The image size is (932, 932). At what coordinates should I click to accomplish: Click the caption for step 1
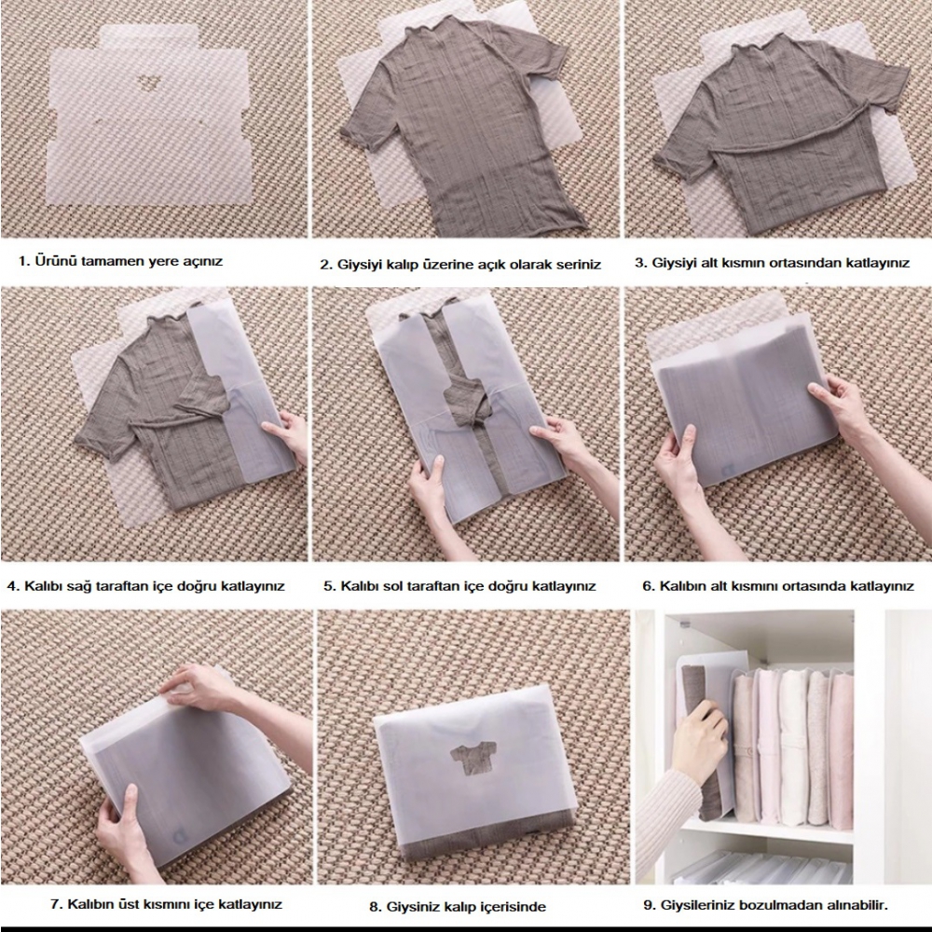[x=120, y=261]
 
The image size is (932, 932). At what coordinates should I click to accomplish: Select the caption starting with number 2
[x=460, y=265]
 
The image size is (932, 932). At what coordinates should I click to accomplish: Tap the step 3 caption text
[x=772, y=263]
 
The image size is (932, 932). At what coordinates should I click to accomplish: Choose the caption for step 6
[x=777, y=586]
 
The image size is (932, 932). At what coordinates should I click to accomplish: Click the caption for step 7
[x=166, y=904]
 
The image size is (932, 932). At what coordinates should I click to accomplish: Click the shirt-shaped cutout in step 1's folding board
[x=145, y=83]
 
